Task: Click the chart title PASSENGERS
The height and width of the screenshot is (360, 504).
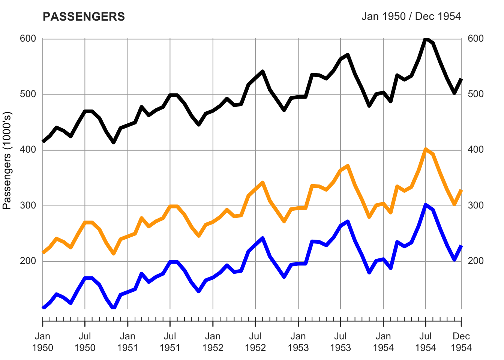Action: (84, 17)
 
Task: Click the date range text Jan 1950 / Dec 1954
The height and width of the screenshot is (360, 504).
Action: (411, 16)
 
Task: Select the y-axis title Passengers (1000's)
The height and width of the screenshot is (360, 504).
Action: (7, 160)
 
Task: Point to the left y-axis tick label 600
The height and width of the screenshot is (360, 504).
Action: (28, 39)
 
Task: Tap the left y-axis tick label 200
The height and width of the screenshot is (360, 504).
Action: (28, 261)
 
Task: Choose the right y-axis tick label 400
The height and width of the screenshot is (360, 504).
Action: (476, 150)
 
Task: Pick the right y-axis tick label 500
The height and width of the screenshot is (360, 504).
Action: (476, 94)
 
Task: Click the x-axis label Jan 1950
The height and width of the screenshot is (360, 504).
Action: (43, 342)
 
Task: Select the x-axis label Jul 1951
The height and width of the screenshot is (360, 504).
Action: (170, 342)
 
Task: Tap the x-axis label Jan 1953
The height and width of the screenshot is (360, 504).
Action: (298, 342)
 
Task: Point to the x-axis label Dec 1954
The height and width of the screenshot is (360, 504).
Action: (461, 342)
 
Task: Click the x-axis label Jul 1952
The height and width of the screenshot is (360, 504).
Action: (255, 342)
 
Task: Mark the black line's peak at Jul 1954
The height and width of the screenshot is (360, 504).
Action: (426, 39)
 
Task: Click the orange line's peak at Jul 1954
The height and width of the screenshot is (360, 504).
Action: (426, 150)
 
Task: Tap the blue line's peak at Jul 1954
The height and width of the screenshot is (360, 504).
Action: (426, 205)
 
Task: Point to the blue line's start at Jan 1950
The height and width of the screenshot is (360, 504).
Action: (43, 308)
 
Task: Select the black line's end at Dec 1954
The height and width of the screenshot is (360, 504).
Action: (461, 79)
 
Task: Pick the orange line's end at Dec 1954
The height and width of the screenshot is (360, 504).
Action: (461, 190)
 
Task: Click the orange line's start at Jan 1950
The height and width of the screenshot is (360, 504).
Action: (43, 252)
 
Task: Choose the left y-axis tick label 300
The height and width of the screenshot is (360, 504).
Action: (28, 205)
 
